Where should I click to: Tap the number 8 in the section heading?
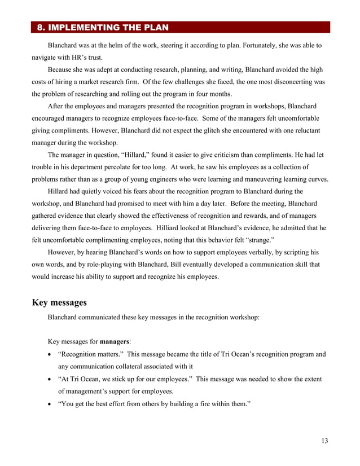click(x=39, y=27)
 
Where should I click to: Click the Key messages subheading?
click(x=59, y=303)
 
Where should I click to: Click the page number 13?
click(x=323, y=441)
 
